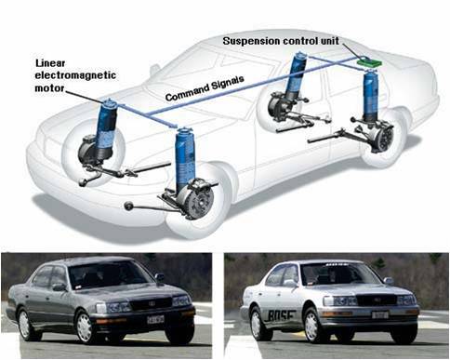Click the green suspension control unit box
pyautogui.click(x=369, y=61)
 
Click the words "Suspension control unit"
pyautogui.click(x=281, y=41)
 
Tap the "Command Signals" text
pyautogui.click(x=205, y=88)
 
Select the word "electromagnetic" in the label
pyautogui.click(x=75, y=75)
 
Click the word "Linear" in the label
pyautogui.click(x=50, y=63)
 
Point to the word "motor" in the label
pyautogui.click(x=49, y=88)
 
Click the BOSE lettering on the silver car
pyautogui.click(x=280, y=315)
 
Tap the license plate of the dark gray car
pyautogui.click(x=155, y=319)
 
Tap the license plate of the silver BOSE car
pyautogui.click(x=380, y=315)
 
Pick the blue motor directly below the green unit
pyautogui.click(x=371, y=96)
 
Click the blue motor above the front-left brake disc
pyautogui.click(x=185, y=157)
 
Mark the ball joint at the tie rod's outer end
pyautogui.click(x=128, y=206)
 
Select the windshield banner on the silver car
pyautogui.click(x=338, y=265)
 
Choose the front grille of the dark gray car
pyautogui.click(x=151, y=302)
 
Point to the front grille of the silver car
pyautogui.click(x=377, y=300)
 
